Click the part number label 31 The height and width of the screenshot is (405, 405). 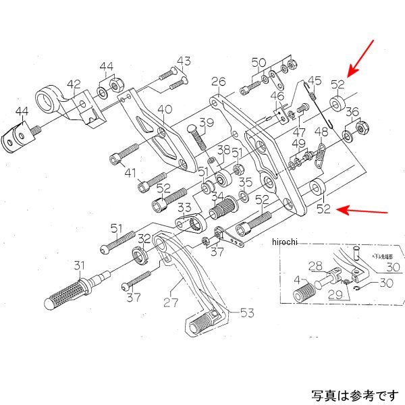(x=80, y=265)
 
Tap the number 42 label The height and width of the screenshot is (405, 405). (x=74, y=85)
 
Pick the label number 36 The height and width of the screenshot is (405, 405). (x=352, y=112)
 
